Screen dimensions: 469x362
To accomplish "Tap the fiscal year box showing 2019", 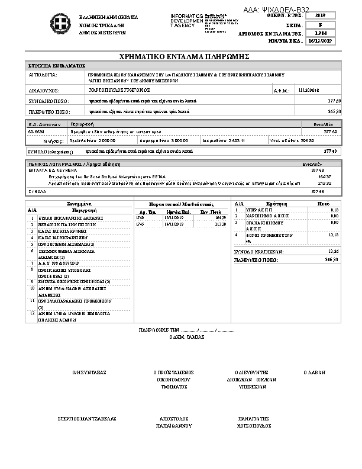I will pos(321,15).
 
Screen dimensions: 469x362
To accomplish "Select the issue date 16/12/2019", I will pos(321,41).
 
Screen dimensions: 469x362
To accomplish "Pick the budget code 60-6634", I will pos(37,132).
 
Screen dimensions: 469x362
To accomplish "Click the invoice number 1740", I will pos(140,218).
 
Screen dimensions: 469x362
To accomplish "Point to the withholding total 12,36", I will pos(331,252).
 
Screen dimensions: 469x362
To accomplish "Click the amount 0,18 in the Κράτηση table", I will pos(334,210).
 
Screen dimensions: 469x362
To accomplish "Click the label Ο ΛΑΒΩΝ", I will pos(313,373).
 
